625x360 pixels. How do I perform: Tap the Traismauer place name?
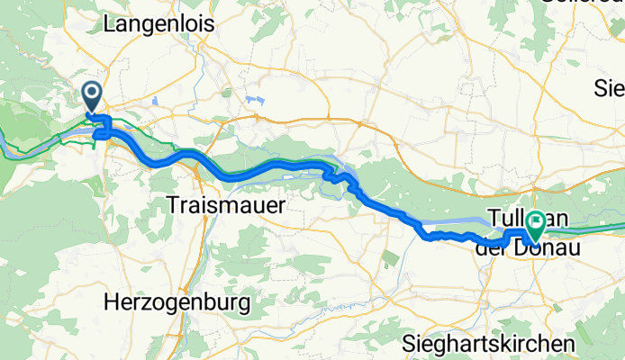point(226,205)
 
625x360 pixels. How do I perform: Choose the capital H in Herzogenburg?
point(111,302)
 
